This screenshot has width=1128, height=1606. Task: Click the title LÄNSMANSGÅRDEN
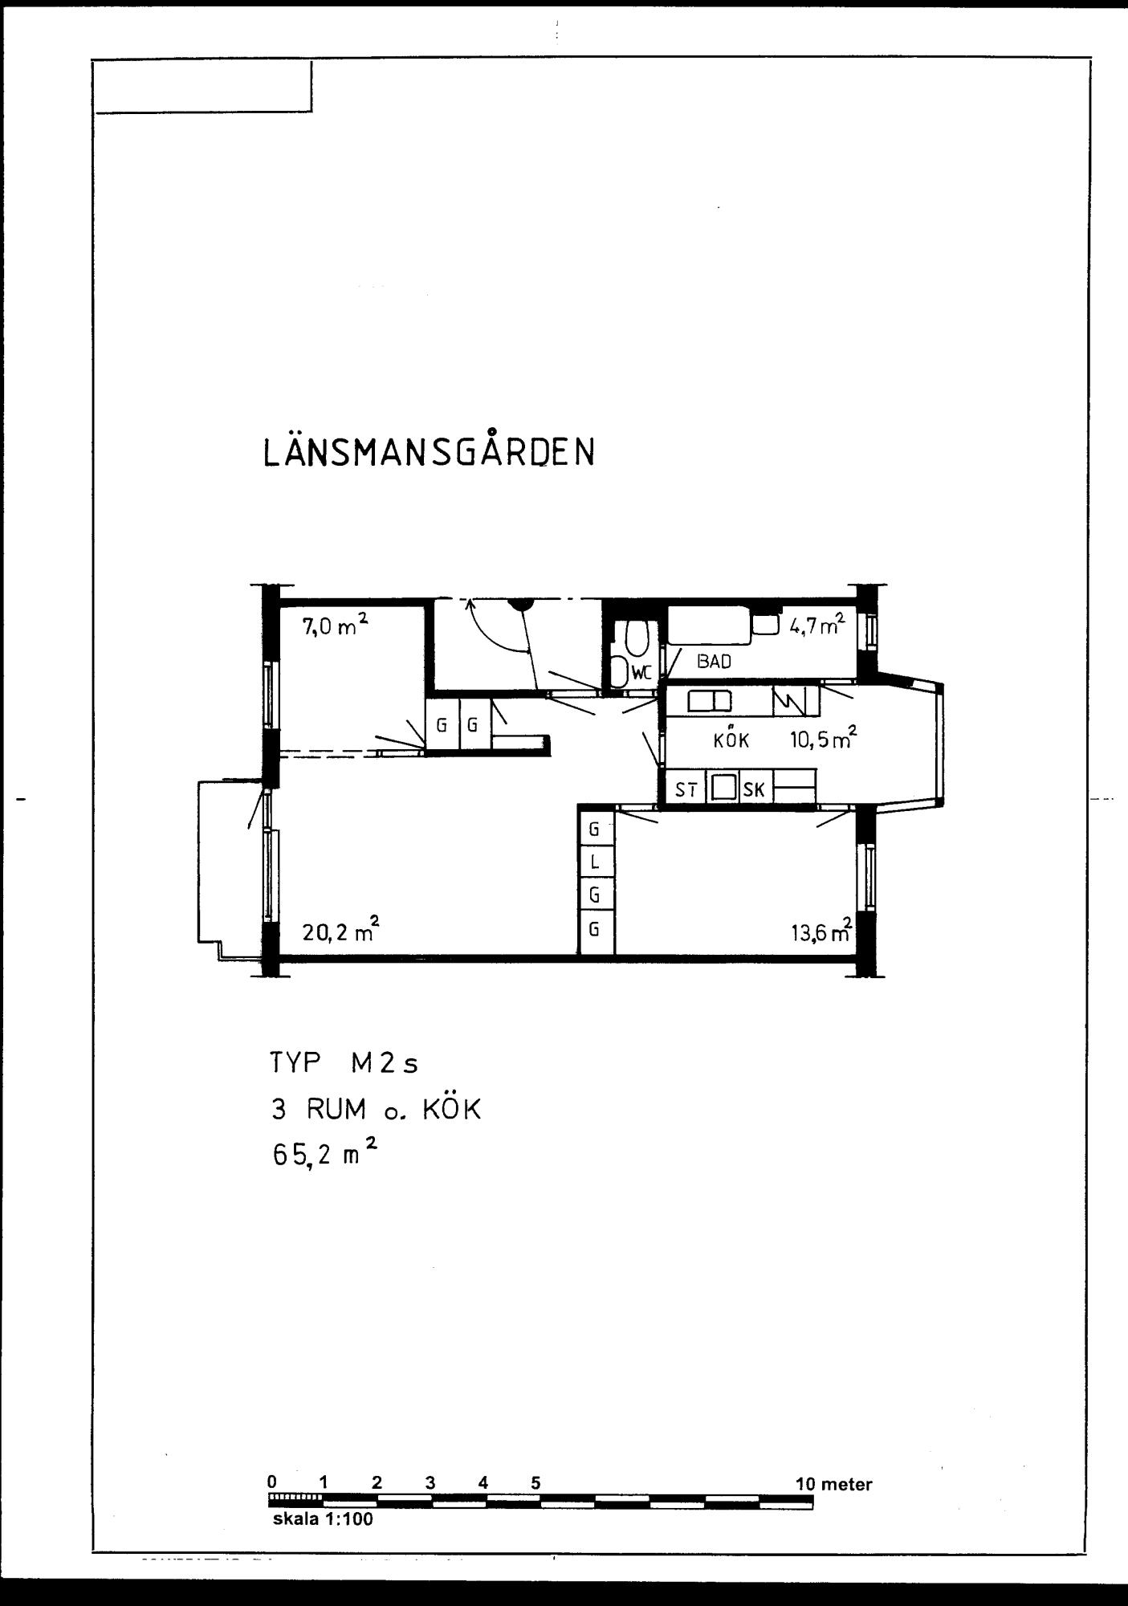(x=429, y=453)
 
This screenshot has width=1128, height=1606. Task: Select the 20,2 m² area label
(x=340, y=931)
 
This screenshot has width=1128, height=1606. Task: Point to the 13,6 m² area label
(x=820, y=932)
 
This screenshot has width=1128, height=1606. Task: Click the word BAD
(x=714, y=662)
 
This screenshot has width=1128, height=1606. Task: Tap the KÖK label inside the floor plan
(x=731, y=740)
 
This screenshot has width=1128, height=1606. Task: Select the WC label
(x=641, y=674)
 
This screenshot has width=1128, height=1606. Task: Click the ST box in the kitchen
(x=685, y=790)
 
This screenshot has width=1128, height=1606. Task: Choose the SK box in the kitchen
(x=754, y=790)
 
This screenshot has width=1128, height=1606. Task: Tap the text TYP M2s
(x=344, y=1064)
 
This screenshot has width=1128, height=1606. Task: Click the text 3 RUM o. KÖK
(x=375, y=1110)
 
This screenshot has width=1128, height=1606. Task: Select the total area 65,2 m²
(x=324, y=1157)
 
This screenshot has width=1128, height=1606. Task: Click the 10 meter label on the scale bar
(x=833, y=1484)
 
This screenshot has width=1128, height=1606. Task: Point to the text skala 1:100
(x=323, y=1519)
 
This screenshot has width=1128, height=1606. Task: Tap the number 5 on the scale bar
(x=535, y=1483)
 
